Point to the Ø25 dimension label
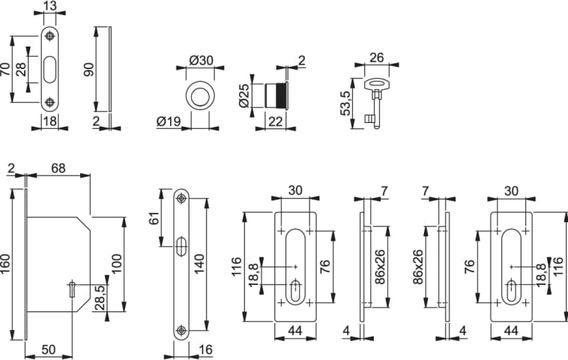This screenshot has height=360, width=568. coord(244,94)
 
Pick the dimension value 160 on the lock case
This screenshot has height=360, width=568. coord(7,263)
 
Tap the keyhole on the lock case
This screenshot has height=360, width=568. coord(72,289)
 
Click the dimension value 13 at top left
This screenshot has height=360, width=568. coord(49,7)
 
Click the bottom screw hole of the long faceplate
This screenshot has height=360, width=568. coord(181,330)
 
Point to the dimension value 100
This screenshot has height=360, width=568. coord(116,262)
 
